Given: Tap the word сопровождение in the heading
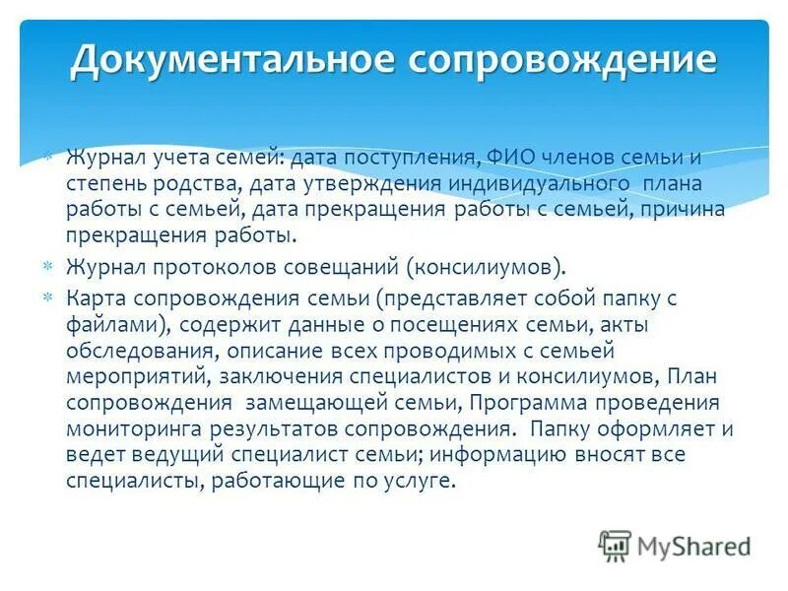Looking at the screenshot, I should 556,60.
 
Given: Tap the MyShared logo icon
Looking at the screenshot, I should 615,545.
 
